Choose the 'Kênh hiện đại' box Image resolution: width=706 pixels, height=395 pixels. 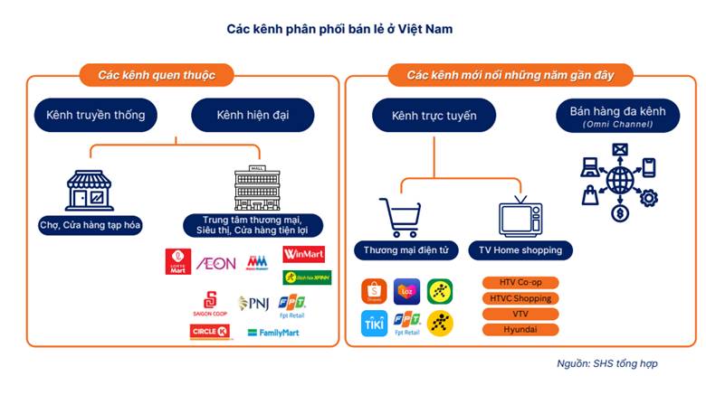click(x=253, y=116)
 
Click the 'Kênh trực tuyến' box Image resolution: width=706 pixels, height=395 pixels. click(x=434, y=116)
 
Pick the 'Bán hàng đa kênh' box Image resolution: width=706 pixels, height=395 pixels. click(x=617, y=116)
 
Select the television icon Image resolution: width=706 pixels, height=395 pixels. click(x=520, y=216)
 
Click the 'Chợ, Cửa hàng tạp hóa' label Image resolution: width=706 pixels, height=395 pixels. click(x=91, y=224)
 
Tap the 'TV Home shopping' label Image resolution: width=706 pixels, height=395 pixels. click(x=520, y=249)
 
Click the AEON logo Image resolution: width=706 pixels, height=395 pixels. click(x=215, y=263)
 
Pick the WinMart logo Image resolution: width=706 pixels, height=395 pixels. click(x=307, y=256)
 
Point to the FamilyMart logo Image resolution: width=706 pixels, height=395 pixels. click(x=273, y=333)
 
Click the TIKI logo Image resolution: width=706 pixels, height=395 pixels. click(x=374, y=323)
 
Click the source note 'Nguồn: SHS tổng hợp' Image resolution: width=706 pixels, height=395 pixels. click(x=607, y=363)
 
